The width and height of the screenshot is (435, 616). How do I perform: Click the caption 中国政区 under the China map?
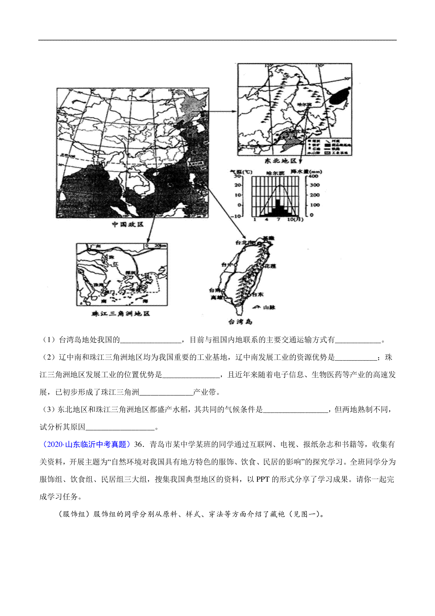(x=128, y=225)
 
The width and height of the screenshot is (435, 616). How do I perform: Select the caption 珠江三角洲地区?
(x=121, y=313)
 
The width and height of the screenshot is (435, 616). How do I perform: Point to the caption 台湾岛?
(x=240, y=322)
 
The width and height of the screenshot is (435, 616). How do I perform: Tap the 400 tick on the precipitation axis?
(x=314, y=176)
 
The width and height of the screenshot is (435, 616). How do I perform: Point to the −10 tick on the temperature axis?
(x=236, y=216)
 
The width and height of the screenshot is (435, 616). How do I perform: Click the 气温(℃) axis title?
(x=241, y=171)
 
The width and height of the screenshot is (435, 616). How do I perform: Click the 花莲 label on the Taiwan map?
(x=270, y=266)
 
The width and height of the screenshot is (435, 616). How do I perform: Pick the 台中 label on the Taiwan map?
(x=227, y=265)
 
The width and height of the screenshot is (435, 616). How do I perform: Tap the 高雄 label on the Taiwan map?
(x=216, y=297)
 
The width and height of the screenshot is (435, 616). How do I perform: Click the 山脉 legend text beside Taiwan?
(x=269, y=307)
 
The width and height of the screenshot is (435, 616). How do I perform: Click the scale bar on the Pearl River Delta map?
(x=156, y=246)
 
